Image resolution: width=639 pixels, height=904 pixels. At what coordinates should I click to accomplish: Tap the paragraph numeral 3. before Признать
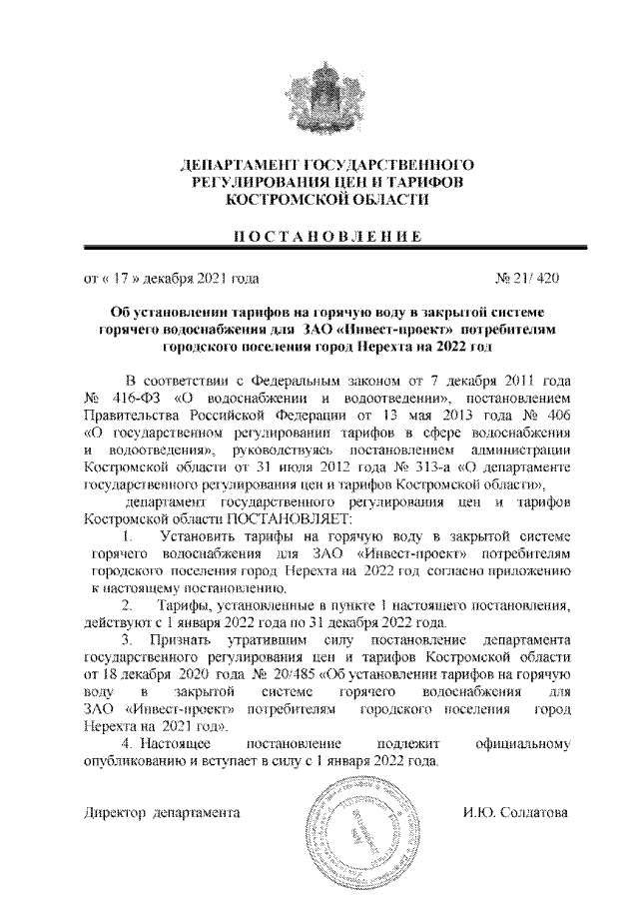[125, 637]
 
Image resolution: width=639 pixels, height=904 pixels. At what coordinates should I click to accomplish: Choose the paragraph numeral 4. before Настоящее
[125, 744]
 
